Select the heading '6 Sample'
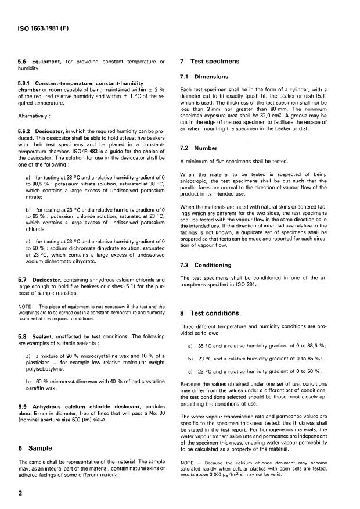pyautogui.click(x=37, y=448)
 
